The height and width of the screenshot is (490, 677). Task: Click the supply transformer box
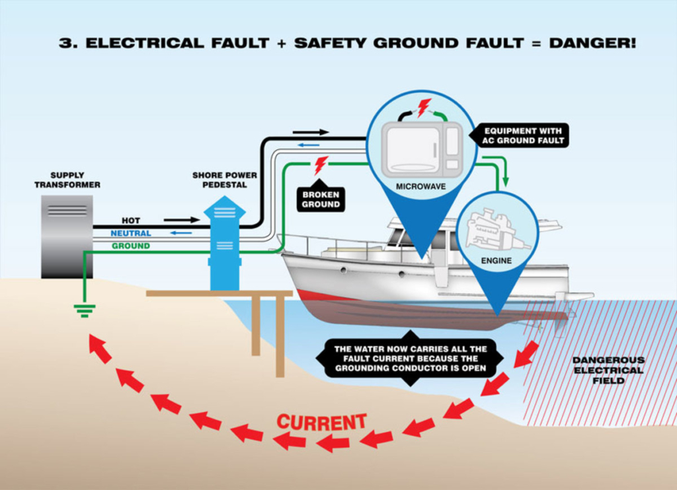67,236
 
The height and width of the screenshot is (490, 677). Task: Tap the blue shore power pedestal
224,244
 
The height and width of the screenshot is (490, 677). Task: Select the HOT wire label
131,221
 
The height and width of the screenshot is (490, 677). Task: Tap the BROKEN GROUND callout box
321,199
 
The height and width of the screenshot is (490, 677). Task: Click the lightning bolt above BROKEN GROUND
321,164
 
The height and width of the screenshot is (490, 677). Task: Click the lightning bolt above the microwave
423,107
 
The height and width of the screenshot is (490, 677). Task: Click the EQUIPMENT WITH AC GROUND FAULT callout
522,135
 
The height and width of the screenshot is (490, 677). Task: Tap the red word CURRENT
321,422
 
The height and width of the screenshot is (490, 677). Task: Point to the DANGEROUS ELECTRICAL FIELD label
608,370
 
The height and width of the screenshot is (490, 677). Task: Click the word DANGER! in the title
592,44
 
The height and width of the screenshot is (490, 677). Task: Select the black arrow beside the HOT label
181,220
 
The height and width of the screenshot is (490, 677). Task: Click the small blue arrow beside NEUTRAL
180,232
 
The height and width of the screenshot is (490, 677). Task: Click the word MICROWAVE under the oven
420,187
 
